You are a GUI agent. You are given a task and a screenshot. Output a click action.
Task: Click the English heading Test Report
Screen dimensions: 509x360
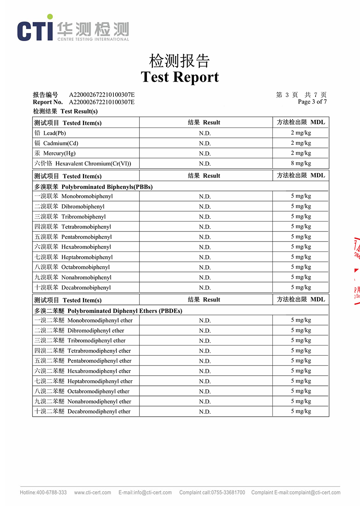180,77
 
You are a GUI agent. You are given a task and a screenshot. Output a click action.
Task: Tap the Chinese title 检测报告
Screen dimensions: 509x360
180,61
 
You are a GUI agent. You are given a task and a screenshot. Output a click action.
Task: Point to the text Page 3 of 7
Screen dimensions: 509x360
312,102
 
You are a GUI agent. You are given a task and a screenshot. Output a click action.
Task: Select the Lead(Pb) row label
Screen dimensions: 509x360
50,133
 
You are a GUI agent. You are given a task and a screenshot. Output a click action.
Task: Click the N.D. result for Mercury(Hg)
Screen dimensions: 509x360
205,153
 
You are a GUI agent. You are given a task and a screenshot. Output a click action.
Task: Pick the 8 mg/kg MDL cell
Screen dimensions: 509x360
301,163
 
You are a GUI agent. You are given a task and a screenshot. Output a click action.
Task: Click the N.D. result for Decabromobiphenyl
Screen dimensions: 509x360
205,288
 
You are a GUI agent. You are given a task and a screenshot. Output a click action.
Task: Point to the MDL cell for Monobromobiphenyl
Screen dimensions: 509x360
301,196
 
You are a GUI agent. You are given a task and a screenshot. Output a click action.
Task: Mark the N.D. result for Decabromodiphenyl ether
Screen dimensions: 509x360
205,412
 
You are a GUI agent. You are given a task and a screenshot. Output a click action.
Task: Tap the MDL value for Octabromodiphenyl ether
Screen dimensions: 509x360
301,391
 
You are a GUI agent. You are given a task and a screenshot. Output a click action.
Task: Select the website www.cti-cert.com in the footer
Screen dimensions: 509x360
92,492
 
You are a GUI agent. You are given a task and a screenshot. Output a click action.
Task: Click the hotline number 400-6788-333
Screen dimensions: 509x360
51,492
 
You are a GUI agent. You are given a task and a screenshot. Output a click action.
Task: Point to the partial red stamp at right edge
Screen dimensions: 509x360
356,271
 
